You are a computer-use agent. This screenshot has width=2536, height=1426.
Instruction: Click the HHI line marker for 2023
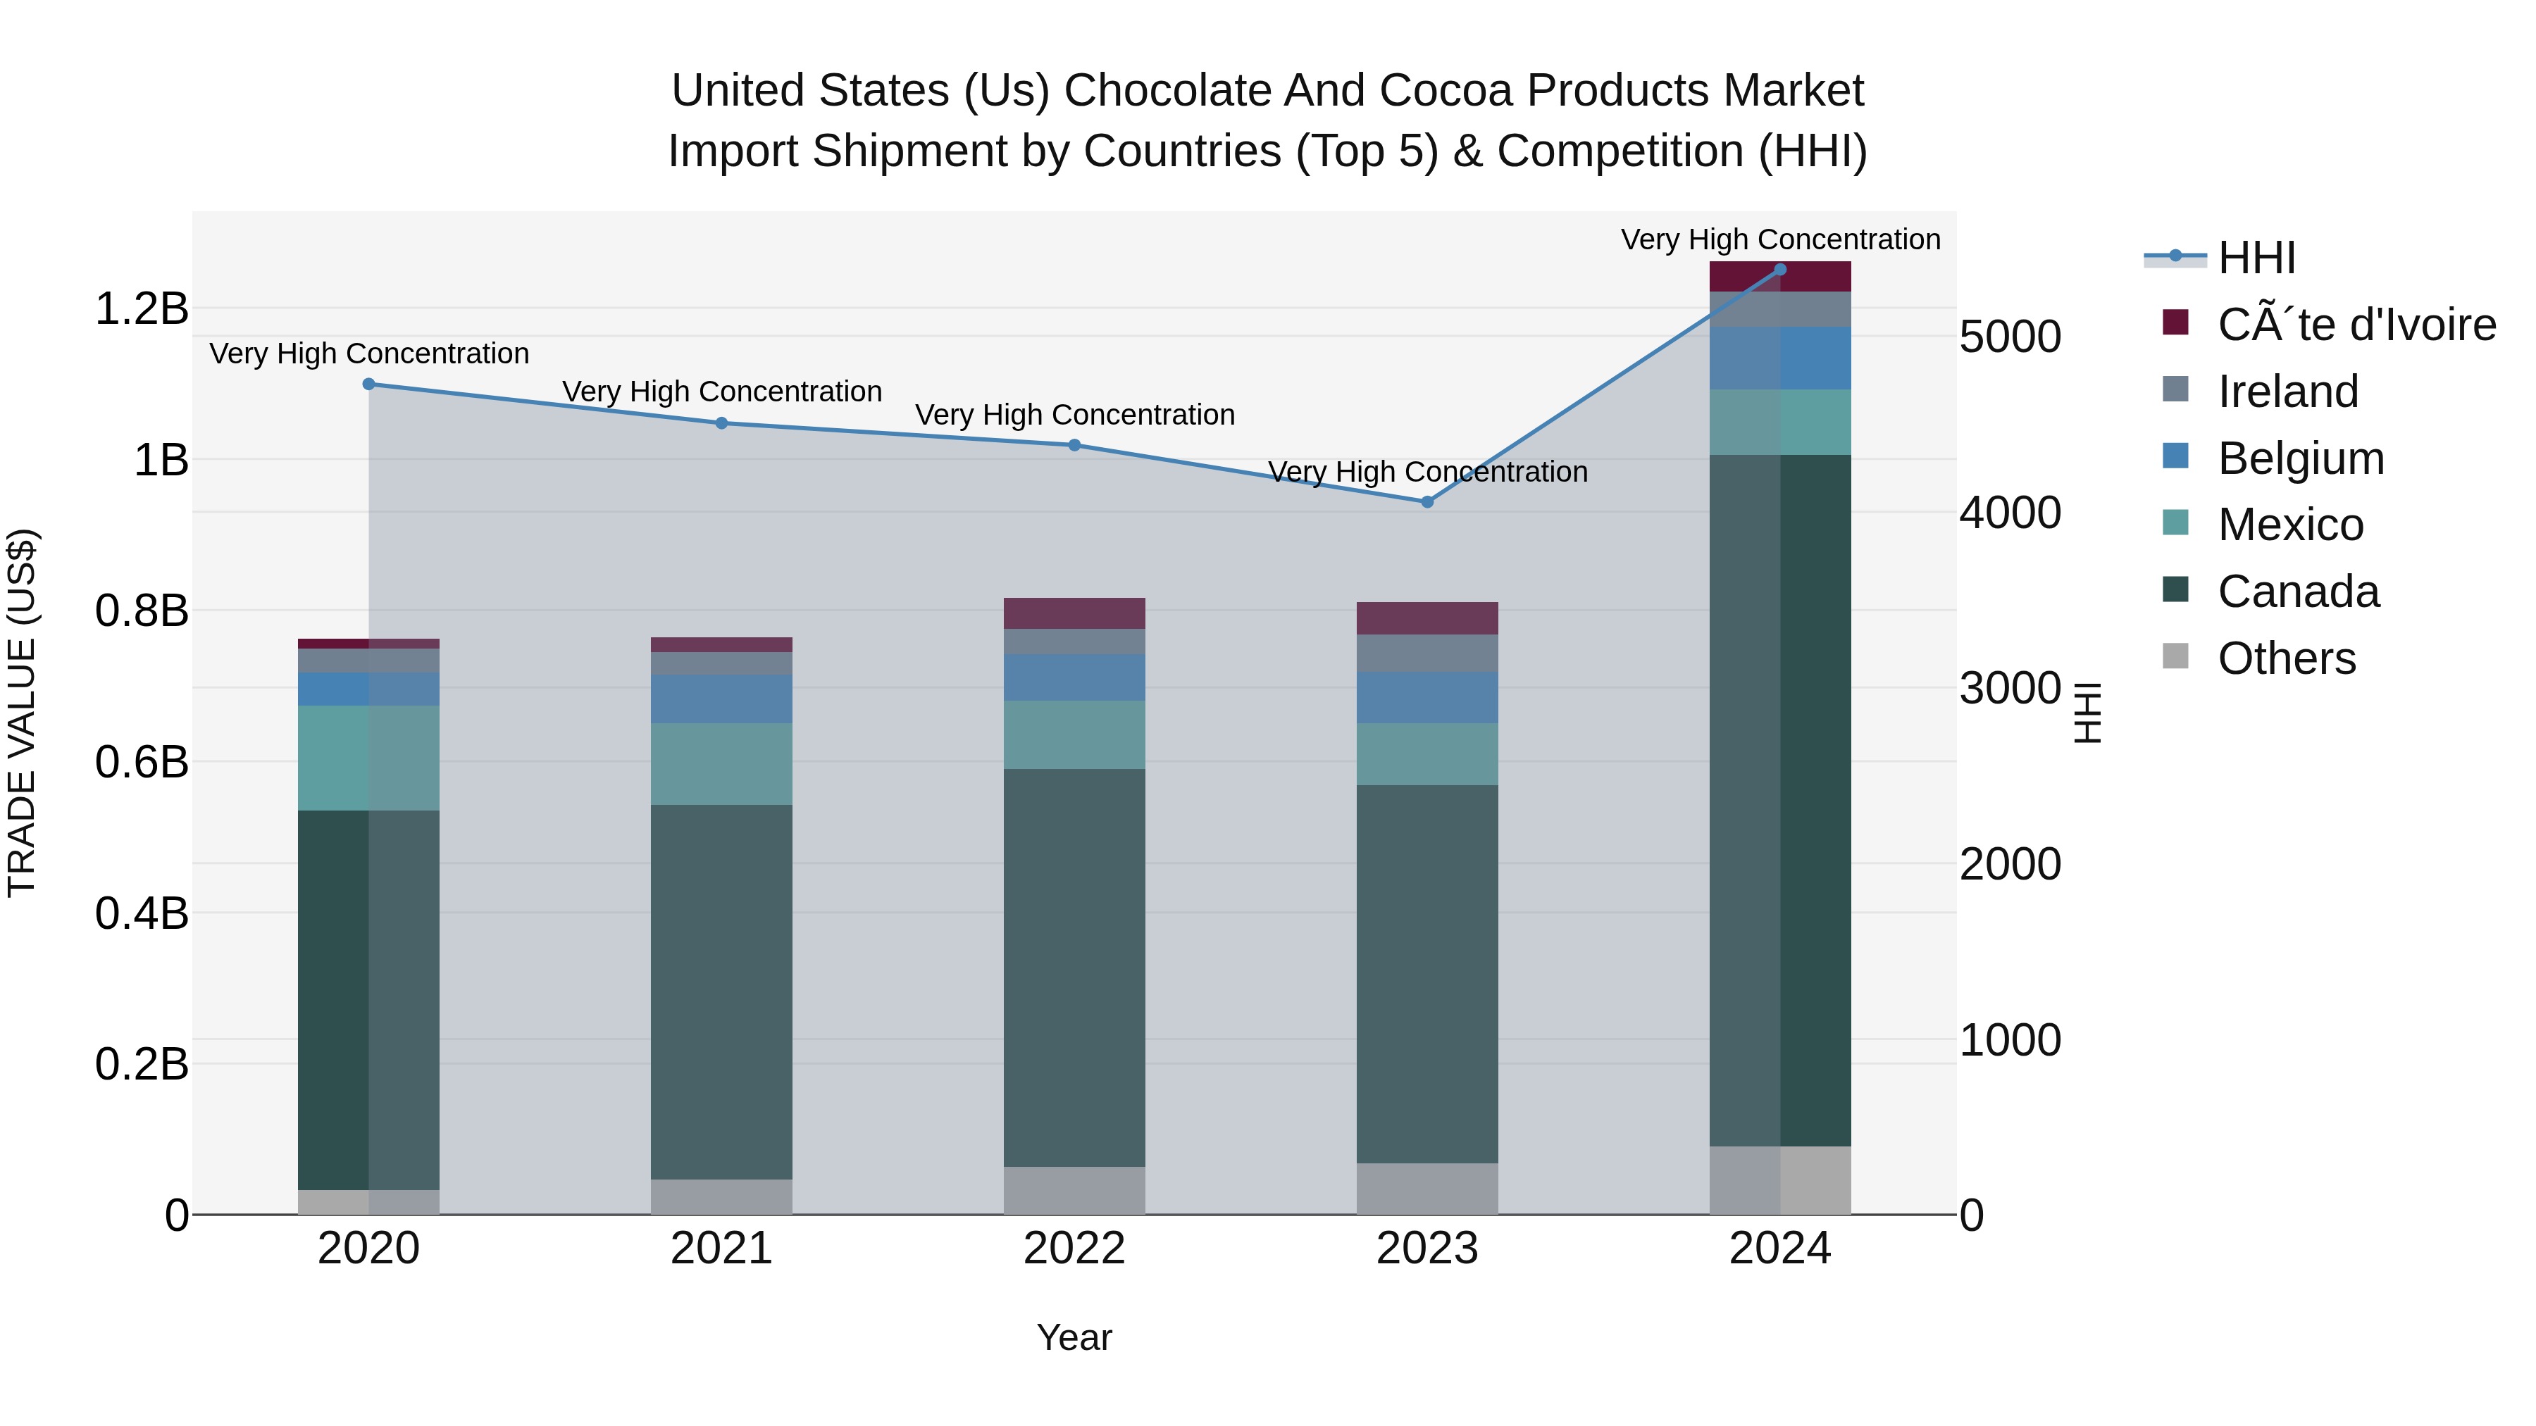[x=1426, y=502]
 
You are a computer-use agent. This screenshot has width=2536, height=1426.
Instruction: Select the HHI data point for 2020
[x=368, y=384]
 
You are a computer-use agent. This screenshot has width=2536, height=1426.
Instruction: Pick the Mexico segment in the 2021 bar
[x=721, y=763]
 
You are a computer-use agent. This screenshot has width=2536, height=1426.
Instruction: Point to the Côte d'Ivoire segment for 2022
[x=1074, y=613]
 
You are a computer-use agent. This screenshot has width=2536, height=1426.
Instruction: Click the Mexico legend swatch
[x=2175, y=523]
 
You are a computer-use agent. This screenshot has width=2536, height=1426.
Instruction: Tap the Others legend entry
[x=2285, y=658]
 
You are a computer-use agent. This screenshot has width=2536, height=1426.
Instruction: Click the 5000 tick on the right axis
[x=2009, y=337]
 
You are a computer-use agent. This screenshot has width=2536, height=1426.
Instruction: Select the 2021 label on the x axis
[x=721, y=1249]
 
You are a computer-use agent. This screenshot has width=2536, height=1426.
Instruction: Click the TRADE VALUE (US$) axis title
[x=22, y=713]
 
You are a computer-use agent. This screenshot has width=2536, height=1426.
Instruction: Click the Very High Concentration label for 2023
[x=1426, y=473]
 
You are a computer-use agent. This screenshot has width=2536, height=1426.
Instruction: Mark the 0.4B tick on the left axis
[x=142, y=913]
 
